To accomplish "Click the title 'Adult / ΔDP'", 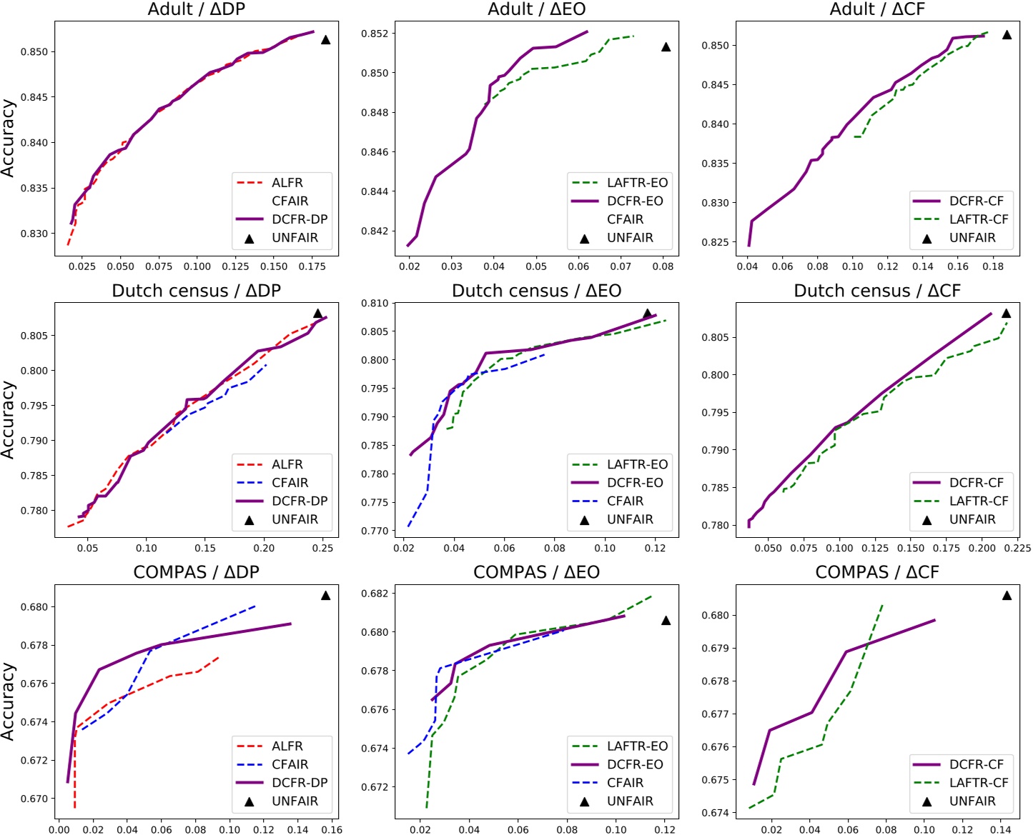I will [196, 9].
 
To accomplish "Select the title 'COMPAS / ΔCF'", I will [876, 572].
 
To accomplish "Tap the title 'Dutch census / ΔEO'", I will [536, 291].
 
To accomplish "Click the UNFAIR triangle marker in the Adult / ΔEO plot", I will [666, 47].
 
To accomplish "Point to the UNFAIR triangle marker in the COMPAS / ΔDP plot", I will [325, 595].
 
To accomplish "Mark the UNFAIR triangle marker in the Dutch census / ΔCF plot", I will [1006, 313].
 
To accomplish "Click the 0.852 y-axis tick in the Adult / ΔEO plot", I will [376, 34].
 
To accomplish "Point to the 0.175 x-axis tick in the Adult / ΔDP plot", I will [312, 266].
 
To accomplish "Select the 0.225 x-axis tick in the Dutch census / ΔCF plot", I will [1017, 548].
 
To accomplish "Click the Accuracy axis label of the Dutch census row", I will [8, 419].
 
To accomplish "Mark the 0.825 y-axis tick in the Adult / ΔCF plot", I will [716, 242].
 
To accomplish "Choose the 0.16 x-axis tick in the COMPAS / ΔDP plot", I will [332, 829].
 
